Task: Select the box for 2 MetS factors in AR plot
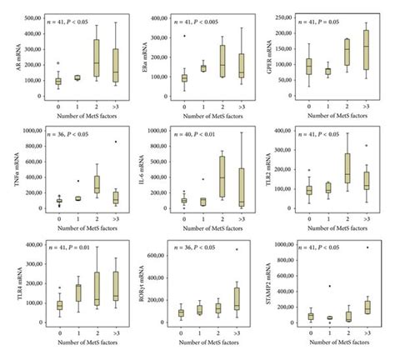[x=97, y=63]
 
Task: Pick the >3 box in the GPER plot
[x=366, y=59]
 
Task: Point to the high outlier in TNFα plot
[x=115, y=142]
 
